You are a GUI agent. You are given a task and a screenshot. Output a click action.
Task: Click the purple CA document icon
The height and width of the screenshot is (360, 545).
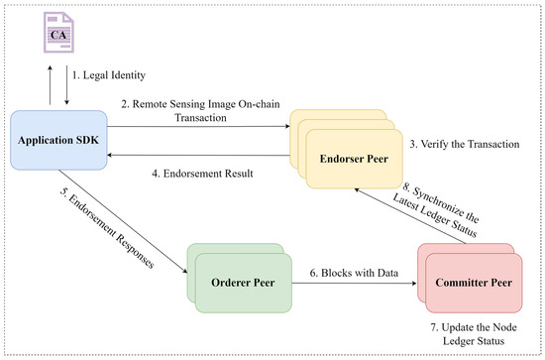58,33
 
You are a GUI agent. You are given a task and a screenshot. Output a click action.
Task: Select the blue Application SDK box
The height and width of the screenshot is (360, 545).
58,140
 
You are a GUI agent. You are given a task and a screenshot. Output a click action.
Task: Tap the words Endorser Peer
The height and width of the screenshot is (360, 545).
354,159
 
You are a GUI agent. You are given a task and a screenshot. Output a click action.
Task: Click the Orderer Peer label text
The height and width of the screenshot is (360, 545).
243,283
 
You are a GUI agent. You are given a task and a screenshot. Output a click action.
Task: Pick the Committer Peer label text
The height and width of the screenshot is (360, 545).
474,283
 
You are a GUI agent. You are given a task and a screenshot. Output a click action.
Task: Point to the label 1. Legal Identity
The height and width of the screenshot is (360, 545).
109,75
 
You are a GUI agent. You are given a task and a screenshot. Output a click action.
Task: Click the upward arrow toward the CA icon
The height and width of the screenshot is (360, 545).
51,85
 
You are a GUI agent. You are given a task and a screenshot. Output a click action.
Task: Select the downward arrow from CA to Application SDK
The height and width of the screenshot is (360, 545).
66,85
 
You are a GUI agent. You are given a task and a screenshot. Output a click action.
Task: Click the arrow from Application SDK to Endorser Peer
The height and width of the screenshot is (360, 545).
198,126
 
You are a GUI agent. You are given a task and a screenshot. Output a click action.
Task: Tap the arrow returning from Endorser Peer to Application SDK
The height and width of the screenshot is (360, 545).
198,155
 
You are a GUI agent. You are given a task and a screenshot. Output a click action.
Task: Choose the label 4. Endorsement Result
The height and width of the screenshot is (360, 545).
202,174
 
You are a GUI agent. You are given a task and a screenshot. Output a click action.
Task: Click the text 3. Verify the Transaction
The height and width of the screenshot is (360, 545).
465,144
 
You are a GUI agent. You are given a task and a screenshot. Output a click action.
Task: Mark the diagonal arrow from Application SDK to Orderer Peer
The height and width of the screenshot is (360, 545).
123,222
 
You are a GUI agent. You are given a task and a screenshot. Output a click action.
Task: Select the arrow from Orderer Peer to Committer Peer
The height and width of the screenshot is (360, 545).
354,283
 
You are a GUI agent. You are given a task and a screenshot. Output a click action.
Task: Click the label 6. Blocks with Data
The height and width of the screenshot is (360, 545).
354,273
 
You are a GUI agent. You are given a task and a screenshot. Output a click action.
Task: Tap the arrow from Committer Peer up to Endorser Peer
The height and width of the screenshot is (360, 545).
410,216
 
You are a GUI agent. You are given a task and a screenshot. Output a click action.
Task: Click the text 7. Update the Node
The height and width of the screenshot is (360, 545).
474,327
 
